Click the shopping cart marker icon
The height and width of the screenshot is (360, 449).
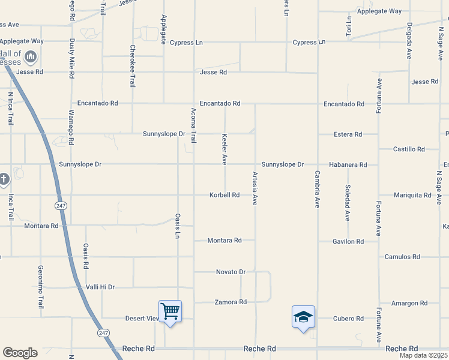170,311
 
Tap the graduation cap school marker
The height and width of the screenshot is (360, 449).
303,316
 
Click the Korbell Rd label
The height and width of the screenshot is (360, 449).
224,195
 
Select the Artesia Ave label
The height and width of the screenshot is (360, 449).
255,188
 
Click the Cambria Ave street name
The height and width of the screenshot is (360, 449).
318,189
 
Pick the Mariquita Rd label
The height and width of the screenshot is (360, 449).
412,195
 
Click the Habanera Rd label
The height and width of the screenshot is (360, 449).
348,164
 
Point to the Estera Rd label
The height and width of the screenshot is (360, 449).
348,134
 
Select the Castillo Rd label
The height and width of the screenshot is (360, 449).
409,149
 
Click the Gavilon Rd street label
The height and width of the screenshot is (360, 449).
348,241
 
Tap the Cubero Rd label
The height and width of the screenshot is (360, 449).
349,319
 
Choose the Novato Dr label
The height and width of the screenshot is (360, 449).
231,272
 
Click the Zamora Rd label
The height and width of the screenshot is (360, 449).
231,302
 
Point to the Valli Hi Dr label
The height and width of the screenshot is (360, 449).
100,287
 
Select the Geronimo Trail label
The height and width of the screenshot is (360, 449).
41,286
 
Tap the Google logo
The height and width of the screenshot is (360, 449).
20,353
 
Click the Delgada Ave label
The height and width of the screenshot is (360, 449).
409,40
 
